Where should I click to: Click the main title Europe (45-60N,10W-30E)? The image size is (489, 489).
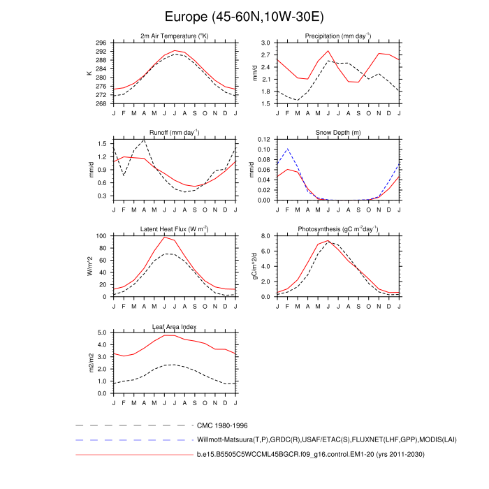(x=245, y=15)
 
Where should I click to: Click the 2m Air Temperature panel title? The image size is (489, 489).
(x=175, y=36)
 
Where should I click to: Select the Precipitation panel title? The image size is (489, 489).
(x=337, y=36)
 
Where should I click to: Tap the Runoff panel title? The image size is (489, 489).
(x=175, y=133)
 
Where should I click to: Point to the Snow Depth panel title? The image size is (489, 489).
(x=337, y=133)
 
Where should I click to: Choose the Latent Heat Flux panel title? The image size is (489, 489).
(x=175, y=230)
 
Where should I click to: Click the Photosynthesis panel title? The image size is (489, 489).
(x=337, y=230)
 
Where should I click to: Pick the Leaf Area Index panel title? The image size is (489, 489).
(x=175, y=326)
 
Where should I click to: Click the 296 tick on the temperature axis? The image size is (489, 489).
(x=101, y=43)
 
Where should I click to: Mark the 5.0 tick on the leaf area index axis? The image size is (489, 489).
(x=102, y=333)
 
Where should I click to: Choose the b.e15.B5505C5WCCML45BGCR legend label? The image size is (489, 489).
(x=310, y=455)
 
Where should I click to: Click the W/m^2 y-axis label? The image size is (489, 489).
(x=89, y=266)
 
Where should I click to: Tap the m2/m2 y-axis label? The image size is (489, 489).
(x=89, y=363)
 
